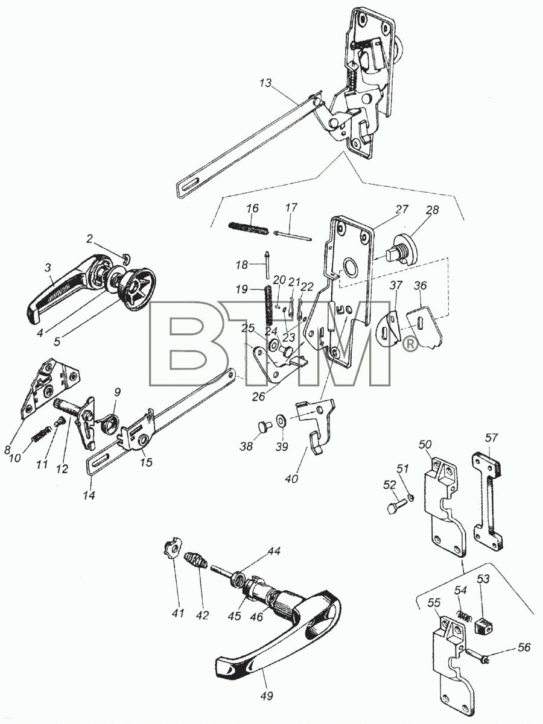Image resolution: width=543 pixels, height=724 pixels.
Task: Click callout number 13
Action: click(x=265, y=83)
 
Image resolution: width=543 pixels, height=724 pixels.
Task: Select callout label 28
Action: click(x=433, y=210)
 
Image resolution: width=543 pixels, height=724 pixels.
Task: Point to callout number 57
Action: click(x=492, y=438)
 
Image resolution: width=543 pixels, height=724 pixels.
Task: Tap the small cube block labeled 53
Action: click(x=484, y=625)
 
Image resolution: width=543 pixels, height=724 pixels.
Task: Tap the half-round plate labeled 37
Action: click(x=388, y=328)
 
